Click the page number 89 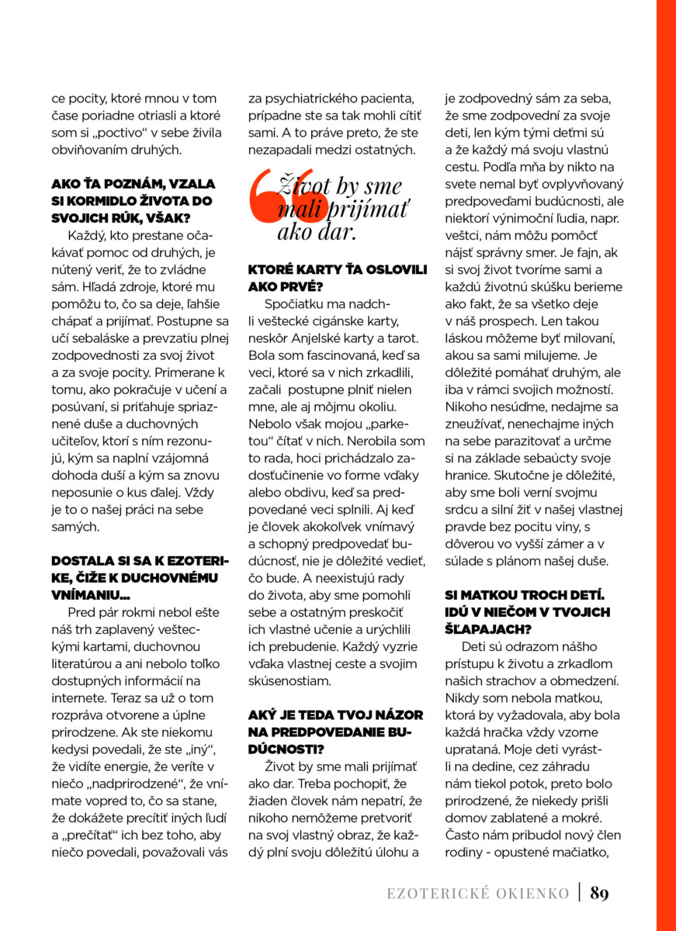[x=599, y=893]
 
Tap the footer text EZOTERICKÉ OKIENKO [x=478, y=894]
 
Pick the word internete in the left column [x=81, y=681]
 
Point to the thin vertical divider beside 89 [x=580, y=892]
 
